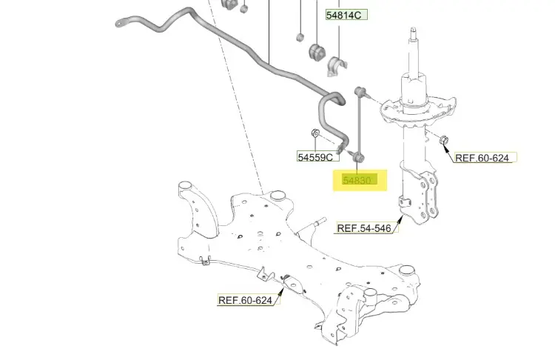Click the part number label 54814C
(x=346, y=14)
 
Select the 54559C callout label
(x=319, y=157)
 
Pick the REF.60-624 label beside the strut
(x=482, y=158)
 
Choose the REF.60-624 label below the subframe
(x=245, y=300)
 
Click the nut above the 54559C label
(x=314, y=133)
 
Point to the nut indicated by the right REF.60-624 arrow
(x=443, y=139)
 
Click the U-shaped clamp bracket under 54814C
(x=338, y=66)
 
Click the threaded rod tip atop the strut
(x=412, y=34)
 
